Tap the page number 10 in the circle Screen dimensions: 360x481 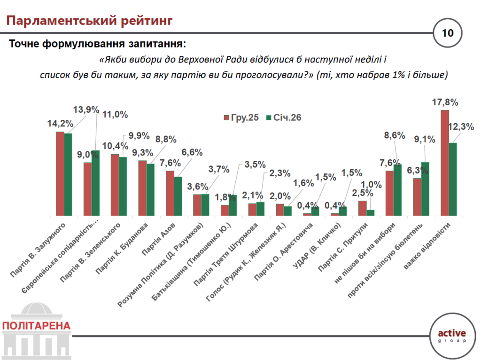(447, 33)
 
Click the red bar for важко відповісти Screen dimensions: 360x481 (445, 163)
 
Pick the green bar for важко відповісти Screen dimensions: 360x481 (453, 179)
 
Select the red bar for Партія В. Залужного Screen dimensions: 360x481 (60, 173)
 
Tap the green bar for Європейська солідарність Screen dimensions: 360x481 (96, 183)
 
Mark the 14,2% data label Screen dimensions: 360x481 (60, 124)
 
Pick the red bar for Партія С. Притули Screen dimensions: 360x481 (362, 208)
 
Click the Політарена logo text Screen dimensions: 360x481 (36, 325)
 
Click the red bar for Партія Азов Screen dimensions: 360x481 (170, 193)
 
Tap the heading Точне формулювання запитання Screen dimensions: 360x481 (97, 44)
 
